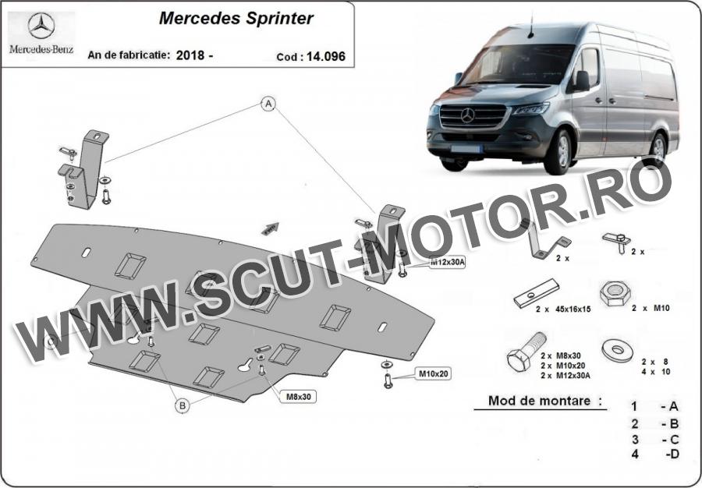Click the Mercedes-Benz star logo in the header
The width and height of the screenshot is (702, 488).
tap(41, 26)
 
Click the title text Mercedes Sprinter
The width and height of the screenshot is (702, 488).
tap(236, 19)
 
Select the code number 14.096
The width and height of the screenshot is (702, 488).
tap(326, 56)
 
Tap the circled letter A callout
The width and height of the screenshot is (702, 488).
tap(268, 104)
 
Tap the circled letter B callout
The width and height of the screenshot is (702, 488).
tap(183, 405)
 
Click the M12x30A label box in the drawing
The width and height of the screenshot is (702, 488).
tap(447, 263)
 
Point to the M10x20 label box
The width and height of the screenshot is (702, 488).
tap(434, 373)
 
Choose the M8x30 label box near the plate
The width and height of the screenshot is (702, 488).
tap(298, 396)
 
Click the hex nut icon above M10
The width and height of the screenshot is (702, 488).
tap(615, 293)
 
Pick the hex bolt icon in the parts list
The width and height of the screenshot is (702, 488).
tap(526, 352)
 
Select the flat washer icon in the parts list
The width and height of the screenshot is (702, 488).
tap(618, 350)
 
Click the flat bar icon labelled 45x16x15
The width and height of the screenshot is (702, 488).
tap(537, 293)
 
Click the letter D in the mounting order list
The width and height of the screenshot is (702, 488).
tap(674, 454)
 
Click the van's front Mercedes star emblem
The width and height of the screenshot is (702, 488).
tap(467, 115)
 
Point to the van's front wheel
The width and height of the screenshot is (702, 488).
tap(561, 151)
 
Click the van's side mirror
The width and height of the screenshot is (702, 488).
tap(582, 81)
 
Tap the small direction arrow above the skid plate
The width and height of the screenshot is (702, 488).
tap(270, 228)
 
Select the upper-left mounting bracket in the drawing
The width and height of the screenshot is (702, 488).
tap(85, 169)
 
